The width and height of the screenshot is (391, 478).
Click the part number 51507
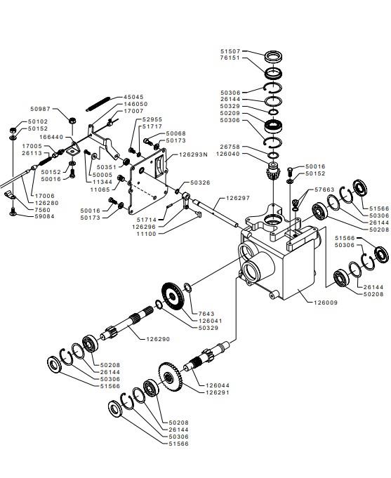230,51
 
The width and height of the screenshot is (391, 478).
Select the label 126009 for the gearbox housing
326,303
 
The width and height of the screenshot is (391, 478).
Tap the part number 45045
133,97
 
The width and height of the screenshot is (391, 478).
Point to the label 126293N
193,154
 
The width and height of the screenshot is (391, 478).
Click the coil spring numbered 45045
98,104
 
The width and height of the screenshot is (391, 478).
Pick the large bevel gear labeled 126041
173,296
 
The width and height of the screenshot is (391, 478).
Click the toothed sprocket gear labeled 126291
170,377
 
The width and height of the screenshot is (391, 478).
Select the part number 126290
158,339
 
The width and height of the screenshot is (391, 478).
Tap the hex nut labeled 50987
72,121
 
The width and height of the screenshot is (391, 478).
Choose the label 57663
324,190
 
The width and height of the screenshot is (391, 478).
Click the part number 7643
206,314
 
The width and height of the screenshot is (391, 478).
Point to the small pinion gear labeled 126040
272,173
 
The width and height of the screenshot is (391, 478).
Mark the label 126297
238,198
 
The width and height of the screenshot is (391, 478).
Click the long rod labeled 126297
216,213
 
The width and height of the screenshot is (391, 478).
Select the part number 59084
44,217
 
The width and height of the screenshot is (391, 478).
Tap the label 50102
38,121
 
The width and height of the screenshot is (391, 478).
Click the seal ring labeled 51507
273,56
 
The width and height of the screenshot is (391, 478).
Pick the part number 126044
218,385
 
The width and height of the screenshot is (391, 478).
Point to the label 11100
146,234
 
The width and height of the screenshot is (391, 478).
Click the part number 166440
51,137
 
